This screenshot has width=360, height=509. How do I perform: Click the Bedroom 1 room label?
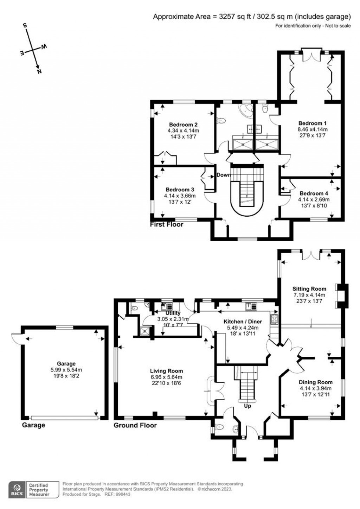[312, 123]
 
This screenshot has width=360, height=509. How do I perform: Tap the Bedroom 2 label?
[183, 125]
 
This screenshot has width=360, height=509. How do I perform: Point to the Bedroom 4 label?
[314, 193]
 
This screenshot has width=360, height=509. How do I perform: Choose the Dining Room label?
[315, 382]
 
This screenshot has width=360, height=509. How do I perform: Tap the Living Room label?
[166, 371]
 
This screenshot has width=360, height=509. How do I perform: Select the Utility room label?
[173, 313]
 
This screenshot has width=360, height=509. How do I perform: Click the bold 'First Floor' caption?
[167, 224]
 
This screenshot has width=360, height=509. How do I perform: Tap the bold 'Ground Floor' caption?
[135, 425]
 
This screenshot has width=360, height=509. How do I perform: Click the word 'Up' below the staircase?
[247, 406]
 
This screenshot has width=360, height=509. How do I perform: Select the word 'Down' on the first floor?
[224, 175]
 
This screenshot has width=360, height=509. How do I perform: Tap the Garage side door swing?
[16, 337]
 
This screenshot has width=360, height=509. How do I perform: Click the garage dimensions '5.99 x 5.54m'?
[66, 370]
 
